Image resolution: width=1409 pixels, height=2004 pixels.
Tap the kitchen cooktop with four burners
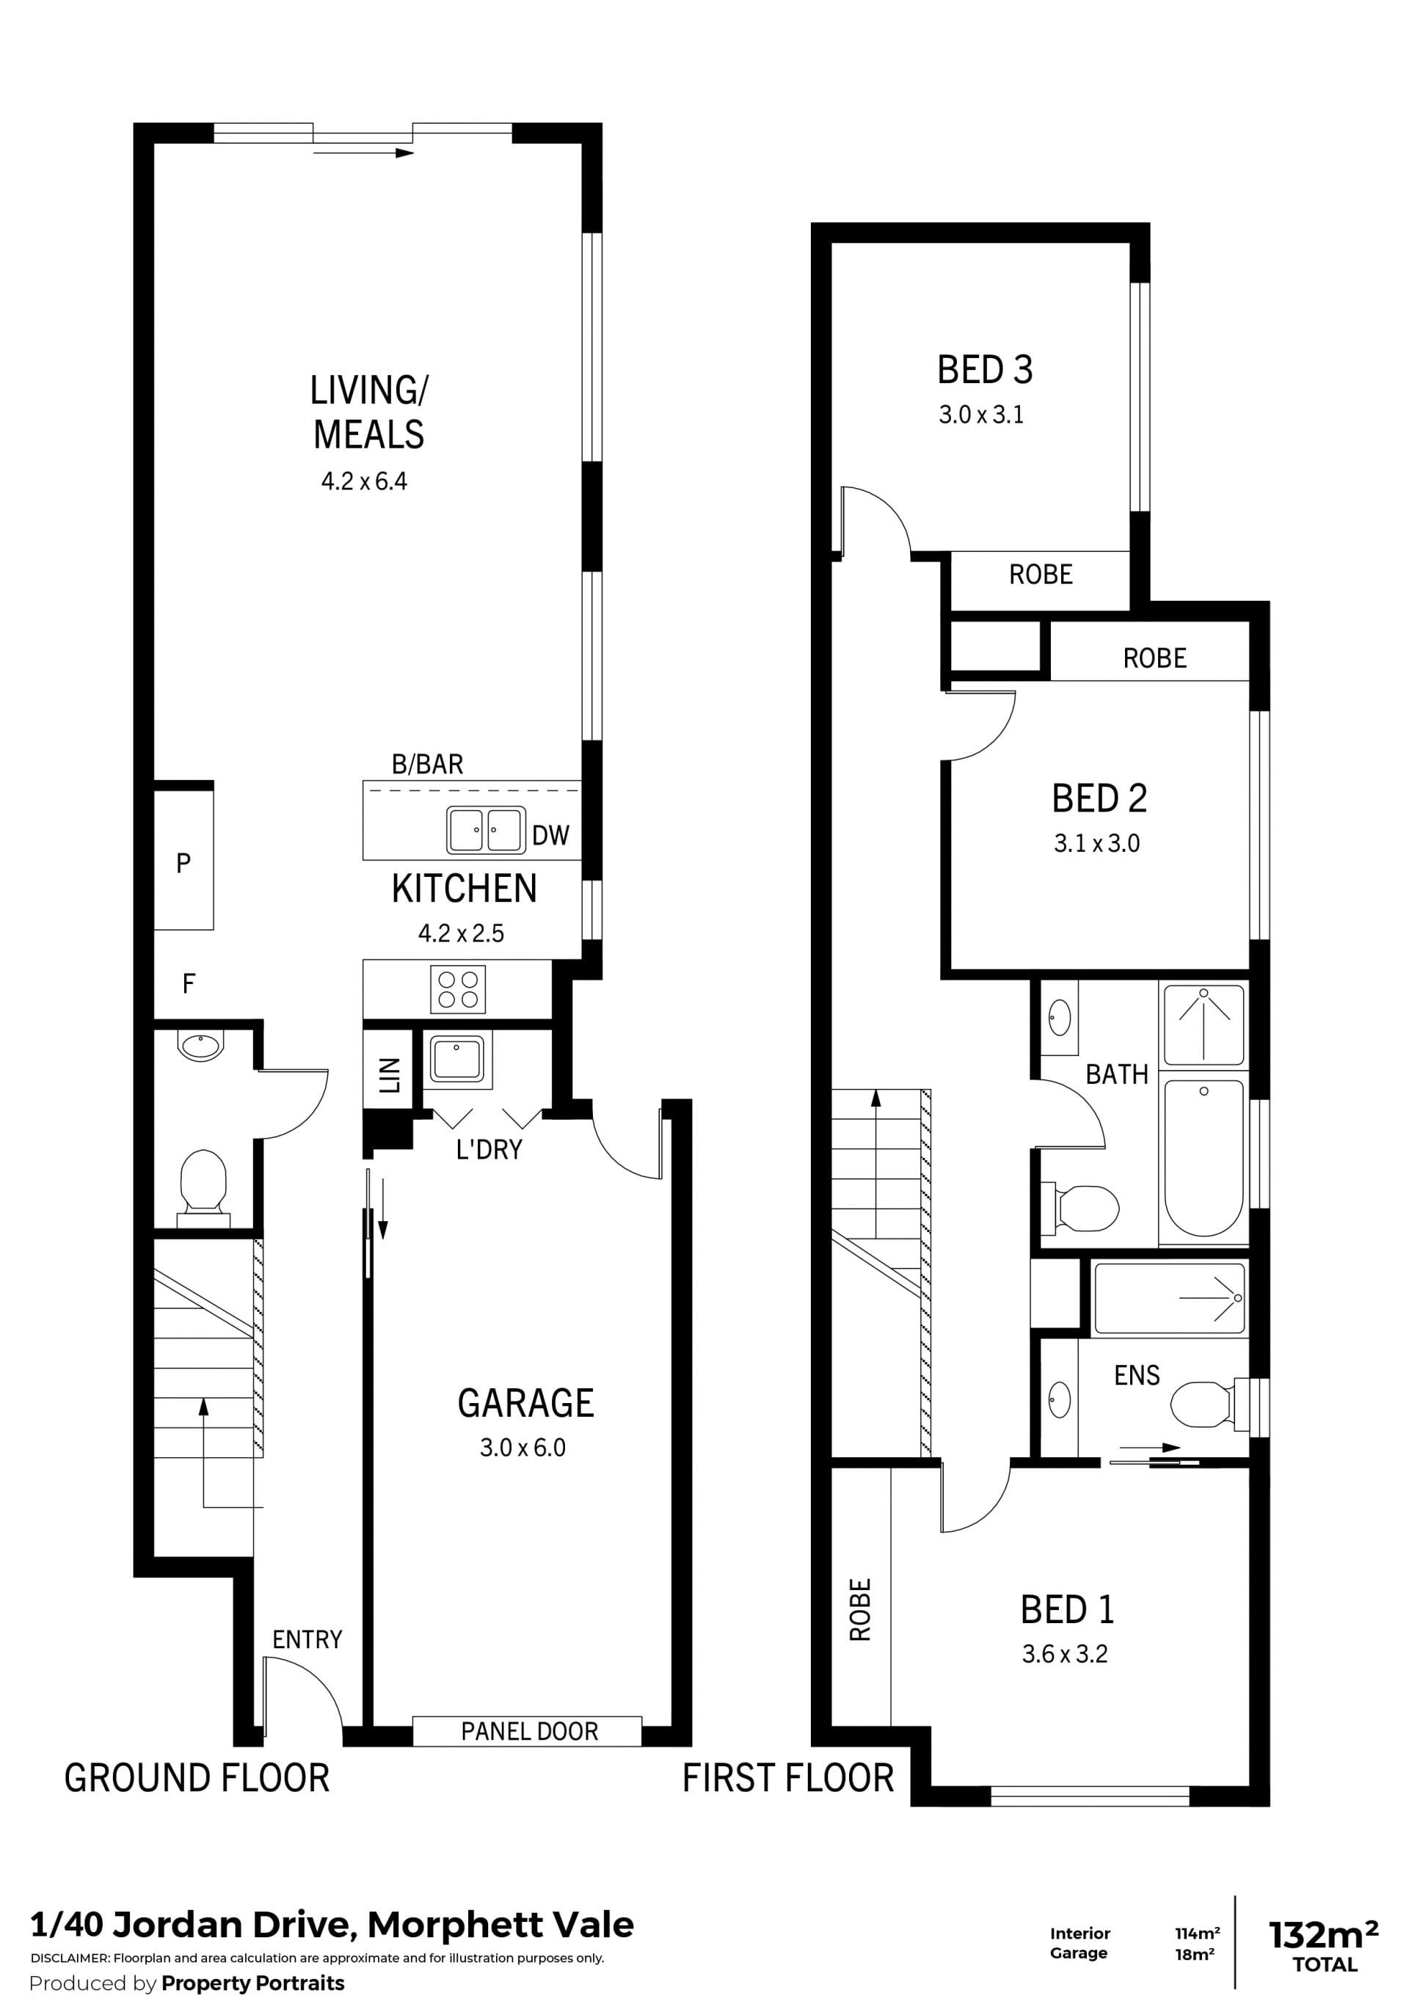pos(457,989)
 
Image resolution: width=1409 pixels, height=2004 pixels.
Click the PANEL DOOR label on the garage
pos(529,1731)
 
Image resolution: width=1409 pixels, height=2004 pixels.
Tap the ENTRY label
pos(307,1639)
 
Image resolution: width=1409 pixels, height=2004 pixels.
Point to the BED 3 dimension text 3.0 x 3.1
pos(981,415)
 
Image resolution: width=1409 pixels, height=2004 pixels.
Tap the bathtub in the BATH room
pos(1204,1158)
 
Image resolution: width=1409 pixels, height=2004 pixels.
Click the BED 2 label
pos(1099,798)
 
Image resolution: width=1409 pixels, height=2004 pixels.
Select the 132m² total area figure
pos(1323,1935)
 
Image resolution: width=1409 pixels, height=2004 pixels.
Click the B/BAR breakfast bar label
pos(427,765)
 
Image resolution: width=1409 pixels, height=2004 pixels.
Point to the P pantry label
pos(183,863)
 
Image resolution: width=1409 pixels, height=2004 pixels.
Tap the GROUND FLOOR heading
pos(197,1778)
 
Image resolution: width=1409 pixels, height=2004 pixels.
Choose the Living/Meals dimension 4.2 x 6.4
pos(364,481)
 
